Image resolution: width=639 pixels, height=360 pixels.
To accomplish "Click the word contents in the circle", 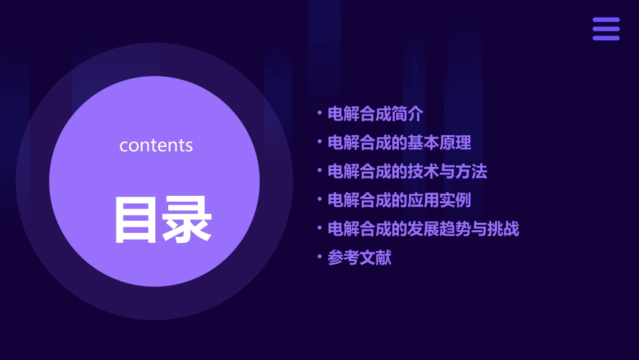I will (156, 145).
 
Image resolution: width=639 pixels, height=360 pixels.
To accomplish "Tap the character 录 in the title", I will (187, 219).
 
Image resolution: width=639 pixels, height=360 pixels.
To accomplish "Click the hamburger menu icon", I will (606, 29).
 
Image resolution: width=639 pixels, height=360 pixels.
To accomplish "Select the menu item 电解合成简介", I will (375, 114).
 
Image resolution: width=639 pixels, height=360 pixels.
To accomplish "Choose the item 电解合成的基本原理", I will (400, 143).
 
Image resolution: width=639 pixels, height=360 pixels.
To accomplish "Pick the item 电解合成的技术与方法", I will (407, 172).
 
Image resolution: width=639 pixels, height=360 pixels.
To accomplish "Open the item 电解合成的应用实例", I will (400, 200).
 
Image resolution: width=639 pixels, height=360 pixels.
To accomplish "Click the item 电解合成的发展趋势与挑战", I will (423, 229).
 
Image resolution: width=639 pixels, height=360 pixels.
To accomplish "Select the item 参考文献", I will (359, 258).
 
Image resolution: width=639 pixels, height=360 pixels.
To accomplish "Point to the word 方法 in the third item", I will (472, 172).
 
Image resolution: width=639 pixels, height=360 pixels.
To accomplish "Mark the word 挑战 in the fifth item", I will (503, 229).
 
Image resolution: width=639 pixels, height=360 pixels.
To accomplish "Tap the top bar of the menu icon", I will (606, 20).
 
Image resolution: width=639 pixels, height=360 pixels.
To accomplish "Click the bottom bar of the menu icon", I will (606, 38).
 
